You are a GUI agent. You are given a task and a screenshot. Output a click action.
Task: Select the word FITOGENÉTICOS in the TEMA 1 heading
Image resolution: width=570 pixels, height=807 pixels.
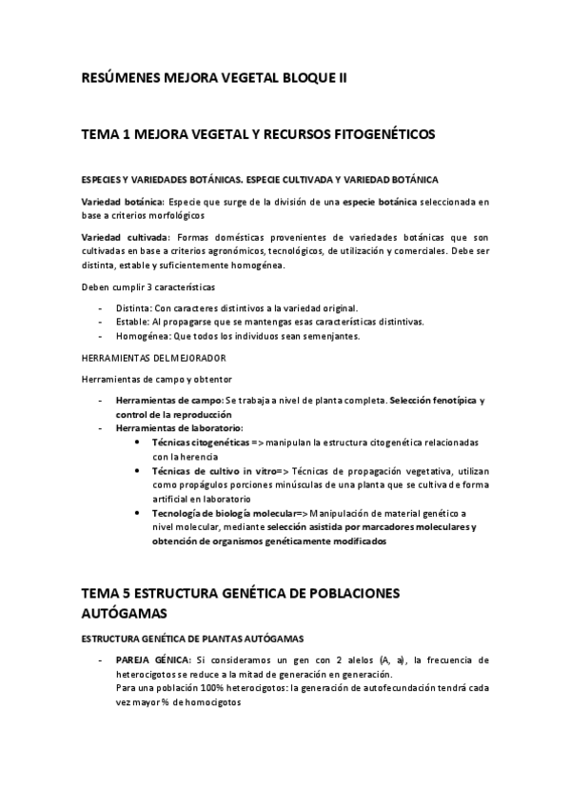[381, 135]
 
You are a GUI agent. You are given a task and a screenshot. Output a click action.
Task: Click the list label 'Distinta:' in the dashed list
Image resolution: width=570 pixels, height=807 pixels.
[132, 307]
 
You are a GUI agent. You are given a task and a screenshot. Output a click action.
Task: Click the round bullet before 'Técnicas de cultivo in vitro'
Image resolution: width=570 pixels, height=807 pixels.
[140, 471]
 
